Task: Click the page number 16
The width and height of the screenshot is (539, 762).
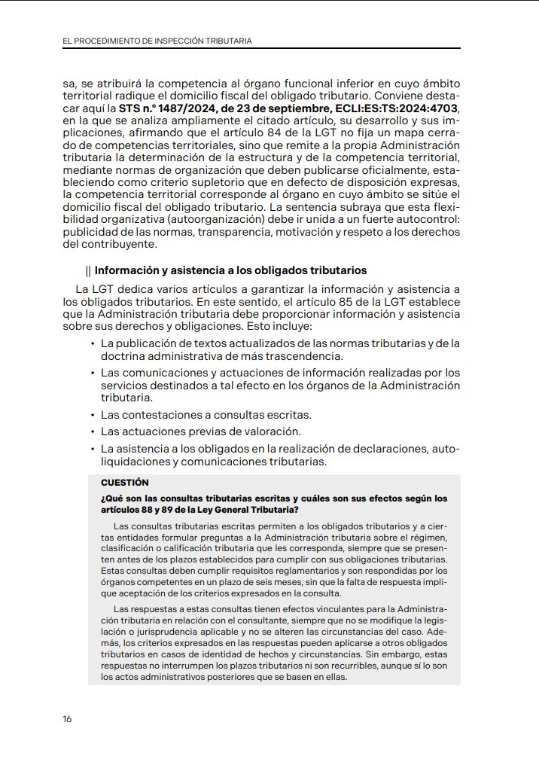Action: click(x=67, y=719)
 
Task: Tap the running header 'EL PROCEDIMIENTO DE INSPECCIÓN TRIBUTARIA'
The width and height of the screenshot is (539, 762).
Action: click(x=157, y=40)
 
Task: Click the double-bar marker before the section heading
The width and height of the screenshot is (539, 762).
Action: click(x=89, y=270)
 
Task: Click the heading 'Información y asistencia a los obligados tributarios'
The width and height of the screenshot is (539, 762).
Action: click(x=230, y=270)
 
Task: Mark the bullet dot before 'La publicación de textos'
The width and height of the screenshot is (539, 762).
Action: click(x=92, y=344)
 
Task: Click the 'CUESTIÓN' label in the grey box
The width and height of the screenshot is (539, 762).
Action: click(x=124, y=482)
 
